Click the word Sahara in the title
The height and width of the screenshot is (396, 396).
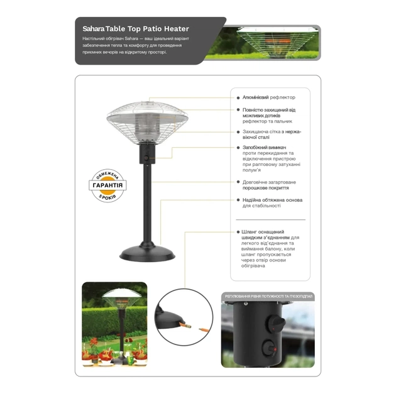[93, 29]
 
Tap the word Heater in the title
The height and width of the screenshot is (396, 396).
[175, 29]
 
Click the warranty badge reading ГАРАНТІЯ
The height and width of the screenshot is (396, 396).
[107, 185]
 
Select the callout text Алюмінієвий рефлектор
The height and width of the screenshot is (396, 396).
[268, 97]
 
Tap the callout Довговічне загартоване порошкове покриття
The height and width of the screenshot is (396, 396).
[269, 184]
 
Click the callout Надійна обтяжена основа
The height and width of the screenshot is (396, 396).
[272, 203]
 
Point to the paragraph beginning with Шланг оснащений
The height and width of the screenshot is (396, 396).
[270, 248]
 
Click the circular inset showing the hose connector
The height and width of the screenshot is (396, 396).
[184, 317]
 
